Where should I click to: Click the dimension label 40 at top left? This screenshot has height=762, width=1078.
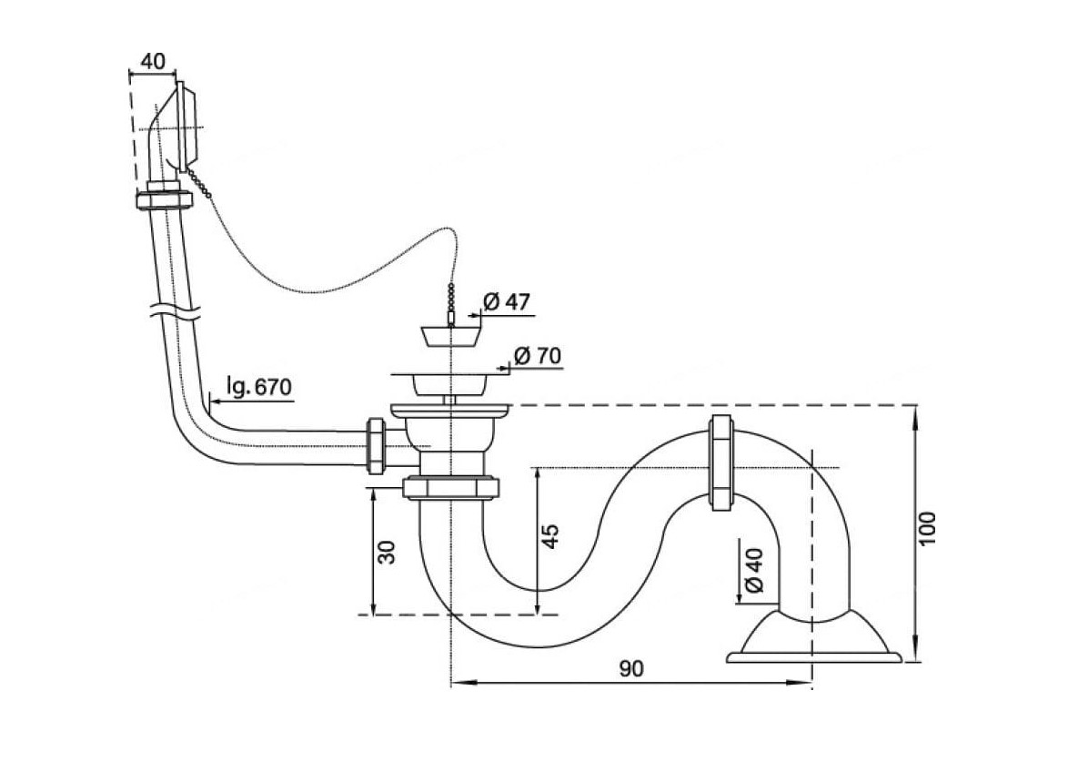[x=153, y=61]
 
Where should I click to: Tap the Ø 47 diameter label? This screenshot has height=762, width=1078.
[x=507, y=301]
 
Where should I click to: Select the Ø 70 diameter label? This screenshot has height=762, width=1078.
[x=538, y=356]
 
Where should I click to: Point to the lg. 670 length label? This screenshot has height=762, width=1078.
[x=260, y=387]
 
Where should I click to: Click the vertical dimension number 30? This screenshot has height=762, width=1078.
[x=387, y=553]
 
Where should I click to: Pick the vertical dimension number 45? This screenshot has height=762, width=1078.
[x=550, y=536]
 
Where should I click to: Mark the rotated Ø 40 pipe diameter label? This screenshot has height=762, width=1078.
[x=754, y=569]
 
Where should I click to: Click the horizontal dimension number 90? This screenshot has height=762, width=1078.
[x=630, y=668]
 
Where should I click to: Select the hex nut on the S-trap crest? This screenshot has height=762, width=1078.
[x=720, y=462]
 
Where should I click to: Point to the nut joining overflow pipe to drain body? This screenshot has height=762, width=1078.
[x=377, y=445]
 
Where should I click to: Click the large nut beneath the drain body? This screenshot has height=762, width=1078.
[x=451, y=487]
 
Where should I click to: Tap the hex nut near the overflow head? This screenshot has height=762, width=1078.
[x=164, y=199]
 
